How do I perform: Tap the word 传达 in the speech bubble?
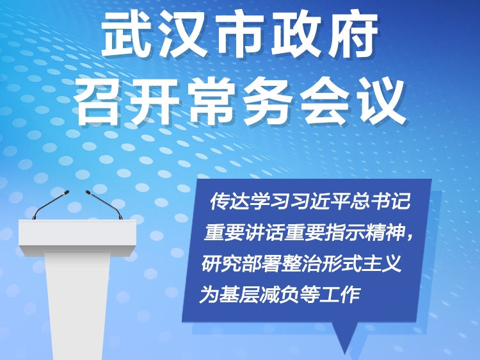229,201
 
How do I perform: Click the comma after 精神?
410,237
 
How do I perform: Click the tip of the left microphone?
67,192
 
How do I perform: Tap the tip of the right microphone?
88,192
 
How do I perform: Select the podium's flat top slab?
77,235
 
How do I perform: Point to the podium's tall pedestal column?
77,304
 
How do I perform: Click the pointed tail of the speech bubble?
345,352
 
